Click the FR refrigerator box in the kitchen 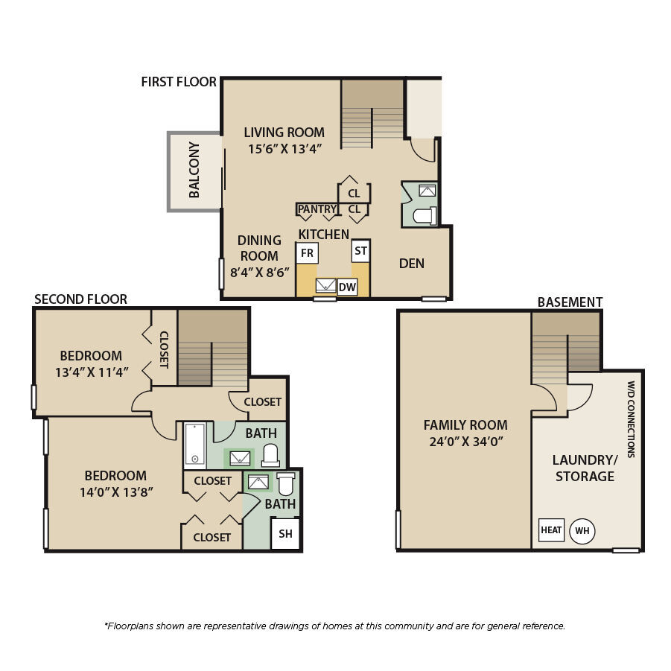click(x=307, y=253)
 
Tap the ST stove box click(x=360, y=251)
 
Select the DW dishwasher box click(x=347, y=287)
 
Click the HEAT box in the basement click(x=551, y=530)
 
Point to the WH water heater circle click(x=582, y=531)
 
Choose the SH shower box click(x=285, y=534)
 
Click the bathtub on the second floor click(x=195, y=445)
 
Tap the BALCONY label click(x=194, y=170)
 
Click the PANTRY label click(x=317, y=209)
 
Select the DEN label click(x=412, y=264)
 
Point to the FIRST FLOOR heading click(x=179, y=82)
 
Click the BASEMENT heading click(x=570, y=302)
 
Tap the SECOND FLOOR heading click(x=81, y=299)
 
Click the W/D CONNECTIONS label click(x=631, y=419)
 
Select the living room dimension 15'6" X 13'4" click(x=285, y=149)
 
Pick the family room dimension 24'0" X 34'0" click(x=465, y=441)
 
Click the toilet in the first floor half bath click(x=425, y=216)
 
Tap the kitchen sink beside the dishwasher click(x=325, y=285)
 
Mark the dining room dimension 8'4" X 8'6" click(x=260, y=272)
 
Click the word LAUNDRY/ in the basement click(x=585, y=460)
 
